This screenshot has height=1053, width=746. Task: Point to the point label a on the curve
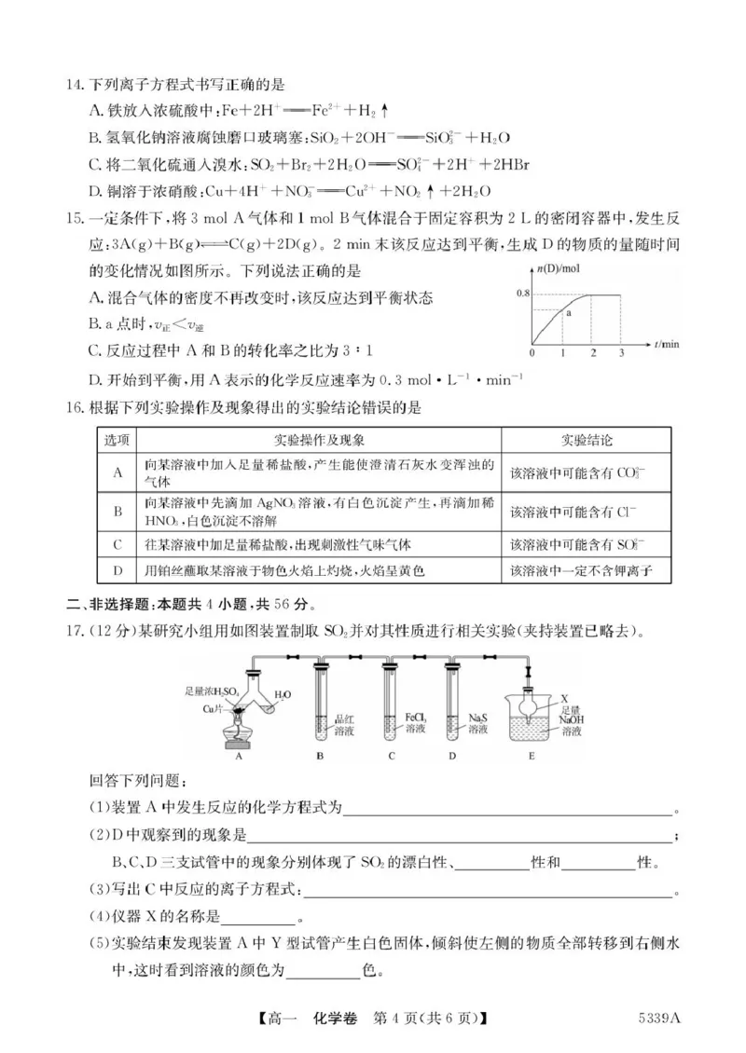coord(567,315)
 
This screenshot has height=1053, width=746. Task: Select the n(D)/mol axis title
coord(555,270)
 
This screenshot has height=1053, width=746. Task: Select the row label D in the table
coord(118,569)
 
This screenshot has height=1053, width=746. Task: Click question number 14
coord(74,87)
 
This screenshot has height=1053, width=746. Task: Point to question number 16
coord(74,407)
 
